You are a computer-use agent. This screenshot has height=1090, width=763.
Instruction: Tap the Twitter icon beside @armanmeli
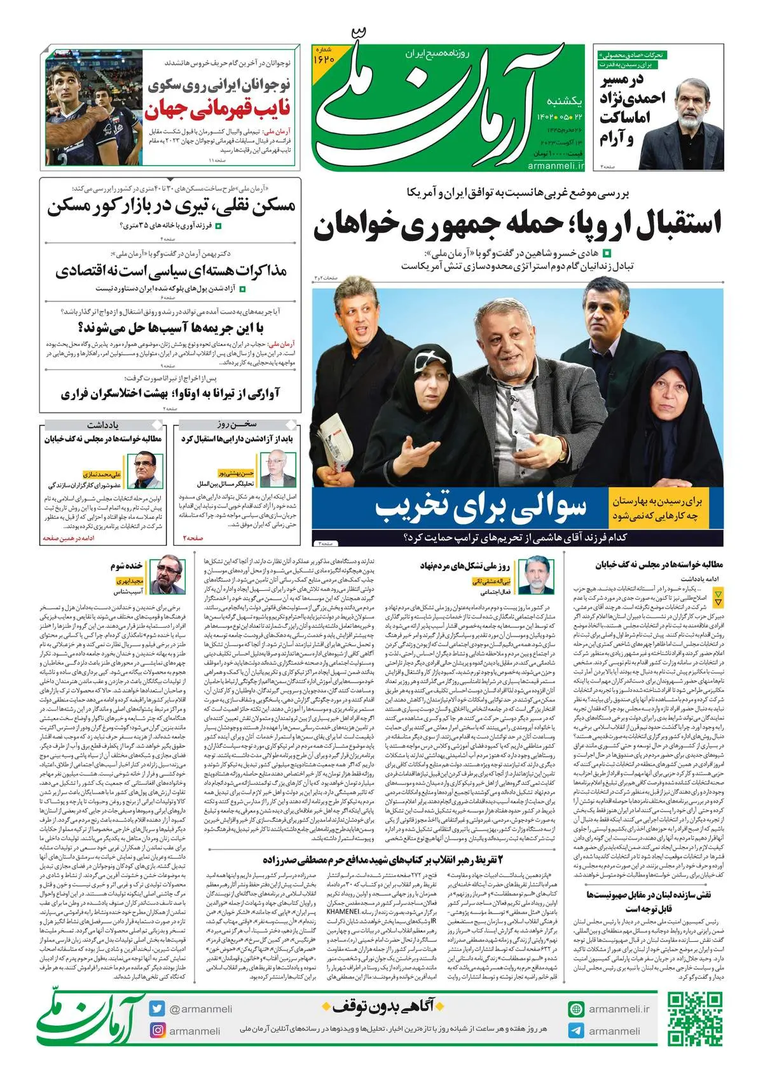(x=157, y=1009)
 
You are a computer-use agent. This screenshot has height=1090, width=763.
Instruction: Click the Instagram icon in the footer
(x=157, y=1030)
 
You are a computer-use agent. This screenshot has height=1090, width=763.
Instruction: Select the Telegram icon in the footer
(x=576, y=1031)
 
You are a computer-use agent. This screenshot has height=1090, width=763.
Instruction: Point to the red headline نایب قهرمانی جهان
(x=217, y=110)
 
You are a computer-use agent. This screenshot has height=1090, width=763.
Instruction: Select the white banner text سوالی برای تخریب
(x=481, y=506)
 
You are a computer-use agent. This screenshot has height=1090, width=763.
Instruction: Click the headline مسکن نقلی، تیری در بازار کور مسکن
(x=171, y=207)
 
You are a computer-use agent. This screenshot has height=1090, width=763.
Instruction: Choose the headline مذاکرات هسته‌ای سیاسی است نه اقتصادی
(x=171, y=271)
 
